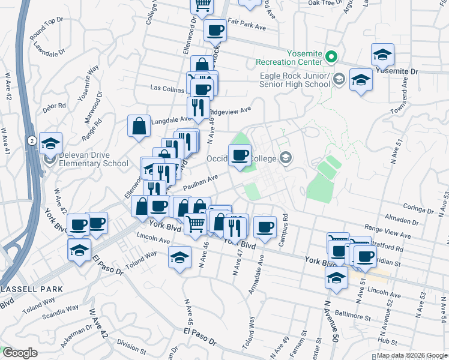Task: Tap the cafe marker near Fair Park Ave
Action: pos(215,30)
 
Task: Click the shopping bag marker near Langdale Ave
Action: pos(139,127)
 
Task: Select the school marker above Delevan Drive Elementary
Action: pos(51,143)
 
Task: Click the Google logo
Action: pos(19,353)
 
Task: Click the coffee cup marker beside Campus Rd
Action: pos(265,227)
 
